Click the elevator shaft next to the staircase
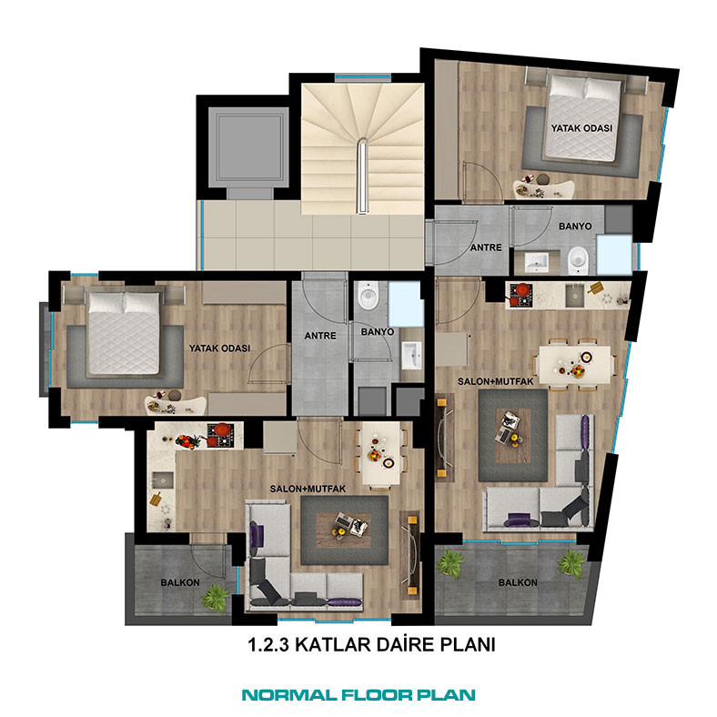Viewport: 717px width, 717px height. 248,147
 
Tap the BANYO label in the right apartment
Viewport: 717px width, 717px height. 575,227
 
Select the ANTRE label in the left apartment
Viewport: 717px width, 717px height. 320,336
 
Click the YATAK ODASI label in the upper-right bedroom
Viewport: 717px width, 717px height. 581,128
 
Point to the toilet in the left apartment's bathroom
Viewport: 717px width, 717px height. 368,295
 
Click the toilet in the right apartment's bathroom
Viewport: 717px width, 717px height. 579,260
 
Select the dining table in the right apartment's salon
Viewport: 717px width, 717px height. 574,365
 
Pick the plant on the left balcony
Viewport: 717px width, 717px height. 216,597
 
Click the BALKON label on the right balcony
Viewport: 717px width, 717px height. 518,582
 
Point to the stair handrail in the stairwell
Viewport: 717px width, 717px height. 362,176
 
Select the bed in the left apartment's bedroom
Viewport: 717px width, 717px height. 124,333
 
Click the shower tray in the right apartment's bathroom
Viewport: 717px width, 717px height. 614,254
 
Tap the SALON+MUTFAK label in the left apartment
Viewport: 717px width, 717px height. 308,489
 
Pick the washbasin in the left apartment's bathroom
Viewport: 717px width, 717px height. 412,355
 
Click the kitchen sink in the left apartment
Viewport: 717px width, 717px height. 163,480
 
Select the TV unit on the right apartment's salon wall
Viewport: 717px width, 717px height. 444,438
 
